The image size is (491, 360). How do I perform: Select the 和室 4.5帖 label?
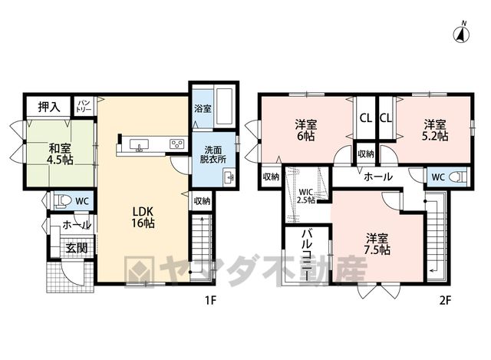pos(60,154)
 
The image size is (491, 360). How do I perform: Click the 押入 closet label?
pos(49,107)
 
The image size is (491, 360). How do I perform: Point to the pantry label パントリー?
pos(84,107)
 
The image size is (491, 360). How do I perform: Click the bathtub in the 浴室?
pos(224,107)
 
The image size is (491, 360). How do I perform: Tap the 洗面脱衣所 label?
pos(213,154)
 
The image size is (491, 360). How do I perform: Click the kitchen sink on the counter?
pos(139,145)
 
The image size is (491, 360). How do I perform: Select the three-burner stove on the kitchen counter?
pos(177,144)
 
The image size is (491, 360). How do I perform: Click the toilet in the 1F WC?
pos(63,200)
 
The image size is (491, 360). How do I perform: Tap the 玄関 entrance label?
pos(77,249)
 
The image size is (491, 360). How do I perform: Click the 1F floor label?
pos(210,301)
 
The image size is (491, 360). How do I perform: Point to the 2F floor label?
pos(445,301)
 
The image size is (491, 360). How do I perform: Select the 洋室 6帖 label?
pos(305,130)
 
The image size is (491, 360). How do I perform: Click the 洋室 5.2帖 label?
pos(435,130)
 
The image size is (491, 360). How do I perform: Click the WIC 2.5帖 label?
pos(306,197)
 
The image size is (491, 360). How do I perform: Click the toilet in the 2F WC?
pos(458,177)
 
